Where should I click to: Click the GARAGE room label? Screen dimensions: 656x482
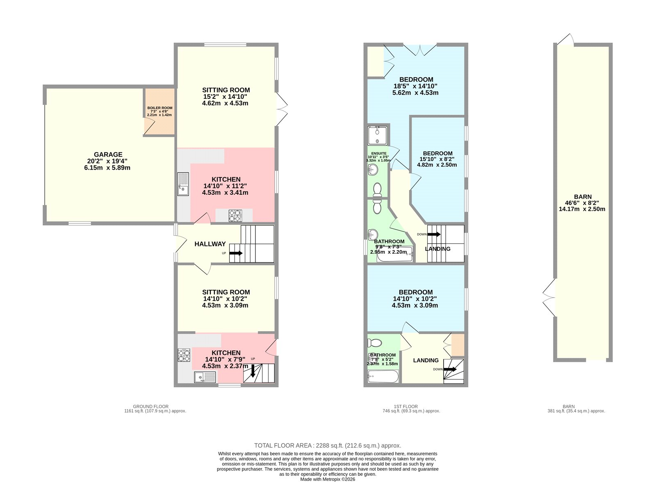[108, 155]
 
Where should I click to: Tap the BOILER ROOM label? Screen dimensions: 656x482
[160, 108]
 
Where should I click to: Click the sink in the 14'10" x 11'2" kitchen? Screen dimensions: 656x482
[183, 184]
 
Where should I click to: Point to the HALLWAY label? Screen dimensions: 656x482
[210, 244]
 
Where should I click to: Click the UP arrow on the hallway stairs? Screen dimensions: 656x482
[236, 253]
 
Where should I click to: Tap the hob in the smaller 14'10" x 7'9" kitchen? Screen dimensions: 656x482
[184, 355]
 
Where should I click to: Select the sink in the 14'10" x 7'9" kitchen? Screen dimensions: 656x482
[205, 377]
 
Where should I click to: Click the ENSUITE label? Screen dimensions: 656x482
[379, 153]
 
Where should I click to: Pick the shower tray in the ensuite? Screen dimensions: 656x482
[378, 136]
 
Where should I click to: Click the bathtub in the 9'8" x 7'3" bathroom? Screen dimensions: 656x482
[395, 254]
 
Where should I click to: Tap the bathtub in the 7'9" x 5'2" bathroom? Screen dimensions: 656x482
[383, 376]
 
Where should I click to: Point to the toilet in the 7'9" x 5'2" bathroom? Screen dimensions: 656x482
[375, 343]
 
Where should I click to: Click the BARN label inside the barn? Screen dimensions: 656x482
[583, 197]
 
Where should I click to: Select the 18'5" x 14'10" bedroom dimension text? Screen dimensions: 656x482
[415, 86]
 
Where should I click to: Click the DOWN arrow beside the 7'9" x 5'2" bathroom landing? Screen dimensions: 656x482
[450, 369]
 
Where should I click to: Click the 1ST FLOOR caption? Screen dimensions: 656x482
[405, 407]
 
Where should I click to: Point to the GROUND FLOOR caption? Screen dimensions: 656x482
[150, 407]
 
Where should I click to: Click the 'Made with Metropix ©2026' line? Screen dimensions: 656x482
[328, 480]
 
